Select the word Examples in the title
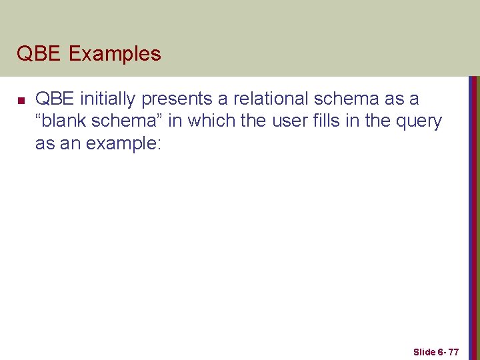114,53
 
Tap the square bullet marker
21,101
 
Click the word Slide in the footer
424,351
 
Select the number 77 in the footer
453,351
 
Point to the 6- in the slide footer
441,351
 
